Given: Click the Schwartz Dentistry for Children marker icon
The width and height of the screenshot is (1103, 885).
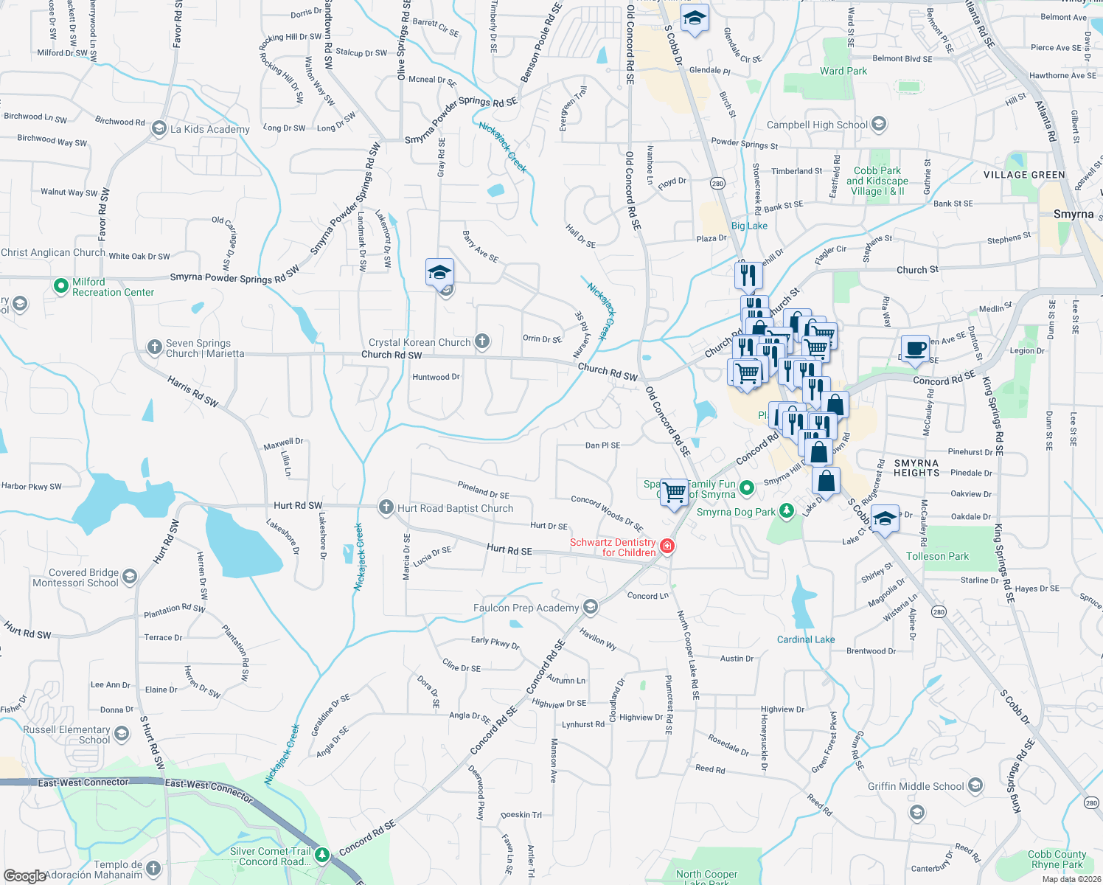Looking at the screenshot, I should pos(667,546).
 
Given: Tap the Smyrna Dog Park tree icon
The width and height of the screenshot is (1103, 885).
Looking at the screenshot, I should pos(787,511).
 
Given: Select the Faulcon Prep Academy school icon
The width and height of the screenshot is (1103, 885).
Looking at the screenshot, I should pos(590,607).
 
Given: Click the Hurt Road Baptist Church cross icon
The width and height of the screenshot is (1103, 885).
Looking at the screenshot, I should pos(386,507).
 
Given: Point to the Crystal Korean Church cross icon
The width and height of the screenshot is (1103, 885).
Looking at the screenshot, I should pos(482,341).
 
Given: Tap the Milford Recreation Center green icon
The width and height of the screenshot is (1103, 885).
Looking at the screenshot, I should pos(61,285).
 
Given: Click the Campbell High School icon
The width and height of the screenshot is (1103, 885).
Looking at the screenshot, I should pos(878,124).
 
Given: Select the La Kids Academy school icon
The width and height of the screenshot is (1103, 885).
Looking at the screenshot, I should pos(159,128).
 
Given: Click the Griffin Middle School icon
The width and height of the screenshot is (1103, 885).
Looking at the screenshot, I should pos(975,785).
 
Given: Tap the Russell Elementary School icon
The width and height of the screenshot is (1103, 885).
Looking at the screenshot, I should pos(122,733).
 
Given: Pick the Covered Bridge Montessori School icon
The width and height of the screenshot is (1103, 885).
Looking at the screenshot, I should pos(130,576).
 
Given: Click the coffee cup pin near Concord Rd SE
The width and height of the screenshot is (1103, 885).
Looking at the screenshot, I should pos(915,349).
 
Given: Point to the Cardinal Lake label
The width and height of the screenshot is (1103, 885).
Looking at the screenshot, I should pos(806,639).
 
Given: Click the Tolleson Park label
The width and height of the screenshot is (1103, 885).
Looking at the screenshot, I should pos(937,556).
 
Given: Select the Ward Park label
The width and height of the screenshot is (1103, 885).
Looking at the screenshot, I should pos(843,71).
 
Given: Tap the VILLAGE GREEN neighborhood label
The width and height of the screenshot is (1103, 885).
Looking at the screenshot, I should pos(1024,175).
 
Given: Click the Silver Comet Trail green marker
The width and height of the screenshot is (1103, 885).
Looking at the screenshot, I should pos(322,855).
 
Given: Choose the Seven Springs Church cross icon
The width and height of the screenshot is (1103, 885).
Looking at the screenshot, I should pos(154,347).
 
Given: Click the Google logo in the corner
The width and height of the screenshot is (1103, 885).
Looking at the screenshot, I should pos(24,876).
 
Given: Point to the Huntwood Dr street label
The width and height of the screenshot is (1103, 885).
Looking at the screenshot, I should pos(436,377).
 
